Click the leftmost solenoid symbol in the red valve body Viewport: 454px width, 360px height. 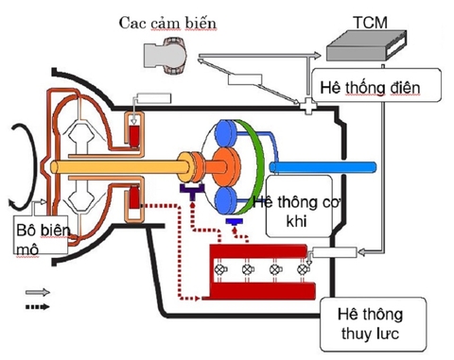click(224, 270)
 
